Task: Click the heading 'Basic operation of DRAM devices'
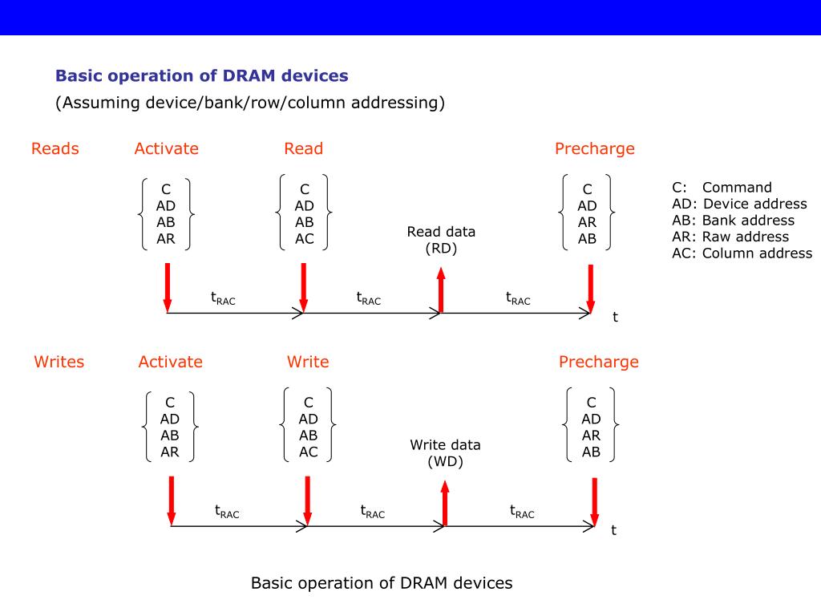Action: (x=201, y=76)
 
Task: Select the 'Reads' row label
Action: (x=55, y=148)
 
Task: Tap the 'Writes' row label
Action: (x=59, y=362)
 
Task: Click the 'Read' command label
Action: (x=303, y=148)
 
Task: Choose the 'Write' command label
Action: (x=308, y=362)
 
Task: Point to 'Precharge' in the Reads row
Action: (x=594, y=148)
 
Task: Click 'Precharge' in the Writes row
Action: (x=598, y=362)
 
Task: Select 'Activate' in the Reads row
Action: (x=166, y=148)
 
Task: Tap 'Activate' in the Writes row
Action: (x=170, y=362)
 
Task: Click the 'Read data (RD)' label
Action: (x=441, y=240)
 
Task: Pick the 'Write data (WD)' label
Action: (x=445, y=453)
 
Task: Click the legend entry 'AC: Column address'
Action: (x=742, y=253)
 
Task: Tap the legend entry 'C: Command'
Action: (x=722, y=188)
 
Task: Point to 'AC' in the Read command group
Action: (x=305, y=239)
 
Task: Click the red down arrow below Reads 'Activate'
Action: (x=168, y=286)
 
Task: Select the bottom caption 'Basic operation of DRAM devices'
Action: (x=382, y=583)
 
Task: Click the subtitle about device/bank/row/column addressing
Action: (x=249, y=103)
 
